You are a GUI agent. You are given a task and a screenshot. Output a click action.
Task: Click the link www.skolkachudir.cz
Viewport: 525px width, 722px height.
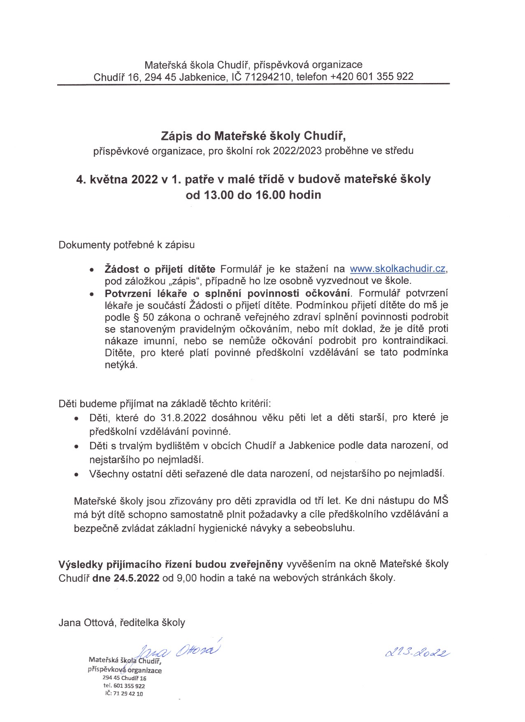[x=398, y=269]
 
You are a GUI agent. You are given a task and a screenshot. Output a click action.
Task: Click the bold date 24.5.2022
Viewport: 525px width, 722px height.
[x=137, y=577]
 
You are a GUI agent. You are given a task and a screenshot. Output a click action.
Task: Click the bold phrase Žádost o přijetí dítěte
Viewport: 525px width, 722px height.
[x=160, y=269]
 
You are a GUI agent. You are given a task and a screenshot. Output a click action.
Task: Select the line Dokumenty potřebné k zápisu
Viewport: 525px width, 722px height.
[x=127, y=245]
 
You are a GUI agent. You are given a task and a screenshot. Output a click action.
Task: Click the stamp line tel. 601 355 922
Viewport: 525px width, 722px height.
[x=124, y=686]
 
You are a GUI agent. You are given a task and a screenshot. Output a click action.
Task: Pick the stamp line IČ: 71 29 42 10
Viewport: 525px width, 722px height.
[x=124, y=694]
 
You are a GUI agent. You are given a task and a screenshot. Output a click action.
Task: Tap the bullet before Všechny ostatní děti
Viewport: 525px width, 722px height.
[x=77, y=474]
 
